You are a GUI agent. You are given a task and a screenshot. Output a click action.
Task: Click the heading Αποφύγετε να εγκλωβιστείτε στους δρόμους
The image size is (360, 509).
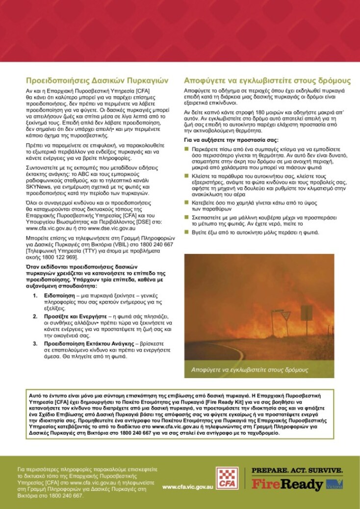(x=267, y=80)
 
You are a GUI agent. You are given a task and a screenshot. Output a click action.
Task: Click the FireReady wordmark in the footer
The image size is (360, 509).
(x=288, y=484)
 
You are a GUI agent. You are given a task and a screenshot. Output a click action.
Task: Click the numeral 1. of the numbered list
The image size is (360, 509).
(x=35, y=296)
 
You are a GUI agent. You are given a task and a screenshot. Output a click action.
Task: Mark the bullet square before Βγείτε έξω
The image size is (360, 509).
(x=186, y=232)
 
